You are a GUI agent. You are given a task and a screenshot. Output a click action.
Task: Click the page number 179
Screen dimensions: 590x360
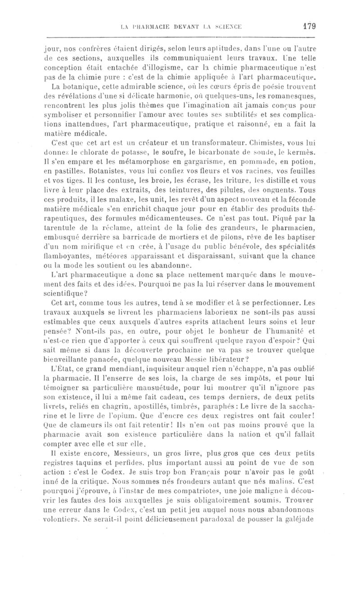click(x=309, y=26)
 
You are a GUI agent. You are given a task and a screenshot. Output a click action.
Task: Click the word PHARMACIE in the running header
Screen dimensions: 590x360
click(x=147, y=26)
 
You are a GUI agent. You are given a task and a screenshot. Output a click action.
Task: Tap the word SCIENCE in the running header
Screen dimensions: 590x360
click(x=225, y=26)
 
